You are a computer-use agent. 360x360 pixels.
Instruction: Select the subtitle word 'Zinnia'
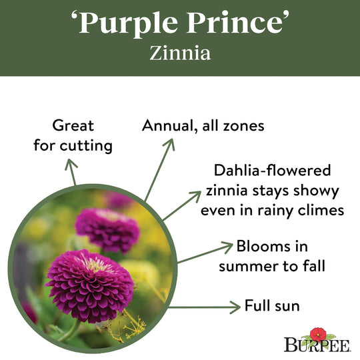point(180,53)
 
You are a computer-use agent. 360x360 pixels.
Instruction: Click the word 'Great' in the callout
point(73,125)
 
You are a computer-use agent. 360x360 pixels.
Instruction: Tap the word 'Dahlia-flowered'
point(273,171)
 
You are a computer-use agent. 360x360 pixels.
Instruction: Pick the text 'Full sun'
point(272,307)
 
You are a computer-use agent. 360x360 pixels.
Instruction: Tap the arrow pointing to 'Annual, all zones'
point(160,169)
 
